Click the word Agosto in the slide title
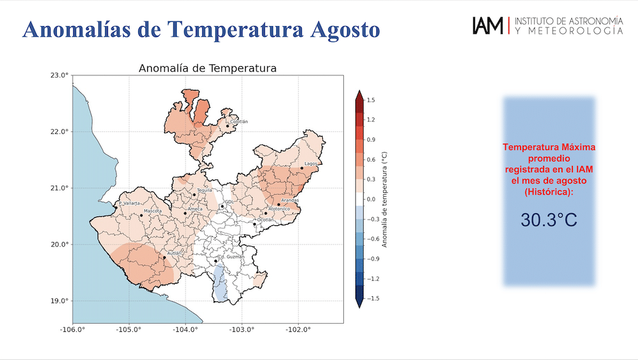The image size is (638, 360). [345, 30]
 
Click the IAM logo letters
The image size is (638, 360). [488, 26]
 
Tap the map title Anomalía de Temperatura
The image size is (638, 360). [207, 68]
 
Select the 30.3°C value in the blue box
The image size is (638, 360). [549, 220]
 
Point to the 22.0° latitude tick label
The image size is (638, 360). [59, 131]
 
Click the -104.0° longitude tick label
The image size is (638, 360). [185, 329]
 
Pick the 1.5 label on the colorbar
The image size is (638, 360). [371, 100]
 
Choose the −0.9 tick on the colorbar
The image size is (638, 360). [371, 259]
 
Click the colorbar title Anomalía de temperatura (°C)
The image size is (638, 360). [385, 200]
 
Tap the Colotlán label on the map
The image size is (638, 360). [239, 121]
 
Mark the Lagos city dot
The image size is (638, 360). [302, 168]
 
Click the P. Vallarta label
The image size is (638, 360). [130, 203]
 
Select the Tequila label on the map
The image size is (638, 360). [205, 190]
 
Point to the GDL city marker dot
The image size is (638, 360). [222, 206]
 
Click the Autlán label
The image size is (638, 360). [174, 253]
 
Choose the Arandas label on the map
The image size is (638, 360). [290, 200]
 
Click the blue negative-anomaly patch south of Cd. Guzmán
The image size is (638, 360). [219, 283]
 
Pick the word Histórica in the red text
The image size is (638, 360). [549, 191]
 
